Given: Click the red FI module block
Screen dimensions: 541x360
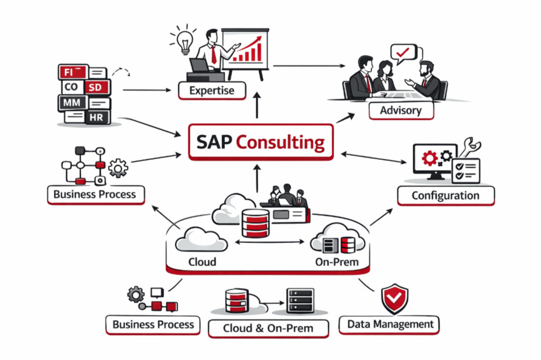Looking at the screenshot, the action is tap(73, 72).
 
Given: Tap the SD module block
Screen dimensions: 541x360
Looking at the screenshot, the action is tap(97, 87).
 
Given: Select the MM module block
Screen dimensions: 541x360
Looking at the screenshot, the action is tap(72, 103).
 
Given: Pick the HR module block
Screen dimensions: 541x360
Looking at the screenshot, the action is tap(97, 118).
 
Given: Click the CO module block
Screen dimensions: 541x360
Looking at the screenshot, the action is tap(72, 87).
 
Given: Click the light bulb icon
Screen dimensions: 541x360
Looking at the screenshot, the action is tap(184, 41).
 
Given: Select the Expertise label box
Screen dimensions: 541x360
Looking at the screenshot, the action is tap(212, 91).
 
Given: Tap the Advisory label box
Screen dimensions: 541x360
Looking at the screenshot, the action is tap(401, 111).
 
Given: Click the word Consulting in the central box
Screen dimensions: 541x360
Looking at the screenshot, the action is tap(280, 142).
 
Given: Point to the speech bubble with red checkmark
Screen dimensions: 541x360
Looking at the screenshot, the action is tap(403, 54).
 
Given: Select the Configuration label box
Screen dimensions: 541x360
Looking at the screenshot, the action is tap(446, 196).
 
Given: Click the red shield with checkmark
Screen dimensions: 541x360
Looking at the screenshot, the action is tap(395, 298).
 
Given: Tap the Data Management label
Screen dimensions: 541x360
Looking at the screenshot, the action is tap(390, 325).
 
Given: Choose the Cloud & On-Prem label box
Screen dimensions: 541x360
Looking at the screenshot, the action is tap(268, 329).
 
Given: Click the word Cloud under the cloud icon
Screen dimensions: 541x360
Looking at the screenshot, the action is tap(202, 262).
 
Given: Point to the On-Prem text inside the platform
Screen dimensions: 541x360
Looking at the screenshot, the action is tap(337, 262).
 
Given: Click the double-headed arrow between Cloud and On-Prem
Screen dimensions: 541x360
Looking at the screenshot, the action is tap(269, 242).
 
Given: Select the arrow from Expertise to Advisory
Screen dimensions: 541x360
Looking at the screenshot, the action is tap(309, 66).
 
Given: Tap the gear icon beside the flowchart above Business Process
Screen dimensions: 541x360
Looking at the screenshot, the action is tap(118, 168).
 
